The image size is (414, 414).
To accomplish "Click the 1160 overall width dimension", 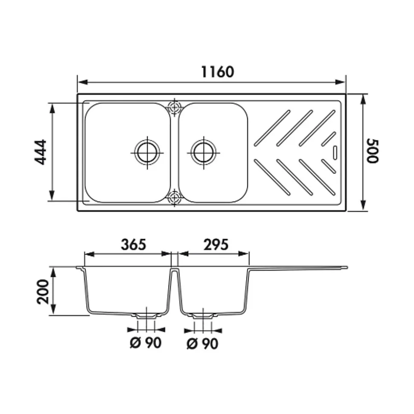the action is tap(217, 72).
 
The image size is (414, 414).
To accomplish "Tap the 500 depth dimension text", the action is tap(372, 151).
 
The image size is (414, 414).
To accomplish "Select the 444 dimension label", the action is tap(41, 152).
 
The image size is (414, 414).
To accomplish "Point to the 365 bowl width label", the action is tap(134, 245).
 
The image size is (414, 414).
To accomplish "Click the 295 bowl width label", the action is tap(216, 245).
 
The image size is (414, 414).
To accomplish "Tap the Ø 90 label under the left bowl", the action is tap(146, 343).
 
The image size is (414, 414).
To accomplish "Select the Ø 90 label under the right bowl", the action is tap(202, 344).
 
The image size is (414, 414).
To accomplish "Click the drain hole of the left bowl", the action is tap(147, 152).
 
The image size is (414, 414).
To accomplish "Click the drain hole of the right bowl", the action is tap(204, 152).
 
